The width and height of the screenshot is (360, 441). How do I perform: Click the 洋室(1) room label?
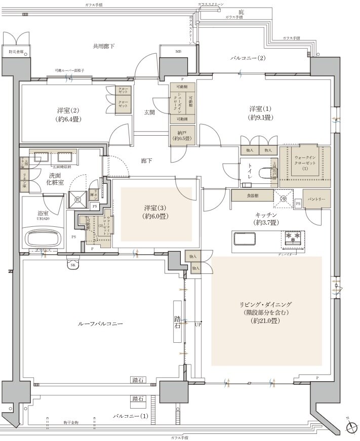tap(261, 113)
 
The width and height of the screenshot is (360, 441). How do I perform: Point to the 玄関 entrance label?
tap(150, 112)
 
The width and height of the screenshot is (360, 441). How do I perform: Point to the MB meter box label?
tap(178, 52)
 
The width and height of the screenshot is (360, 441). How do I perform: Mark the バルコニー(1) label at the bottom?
tap(130, 416)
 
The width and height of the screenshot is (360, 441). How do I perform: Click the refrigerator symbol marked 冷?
tap(284, 199)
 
